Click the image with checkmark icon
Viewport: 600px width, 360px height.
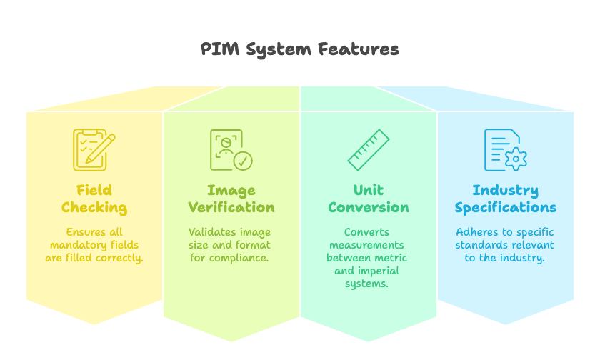(x=231, y=150)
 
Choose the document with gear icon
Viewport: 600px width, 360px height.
(x=505, y=150)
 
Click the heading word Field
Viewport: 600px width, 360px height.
(x=94, y=190)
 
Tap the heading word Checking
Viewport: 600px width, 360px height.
(x=94, y=208)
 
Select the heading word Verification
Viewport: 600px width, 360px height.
(x=231, y=208)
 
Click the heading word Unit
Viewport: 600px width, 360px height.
(x=369, y=190)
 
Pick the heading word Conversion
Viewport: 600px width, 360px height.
(x=369, y=208)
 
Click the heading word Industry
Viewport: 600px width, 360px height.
(x=505, y=190)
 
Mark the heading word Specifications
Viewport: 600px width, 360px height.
(x=505, y=208)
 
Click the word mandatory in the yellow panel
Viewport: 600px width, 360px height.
(x=74, y=245)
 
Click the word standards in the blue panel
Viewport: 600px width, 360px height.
(x=480, y=245)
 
